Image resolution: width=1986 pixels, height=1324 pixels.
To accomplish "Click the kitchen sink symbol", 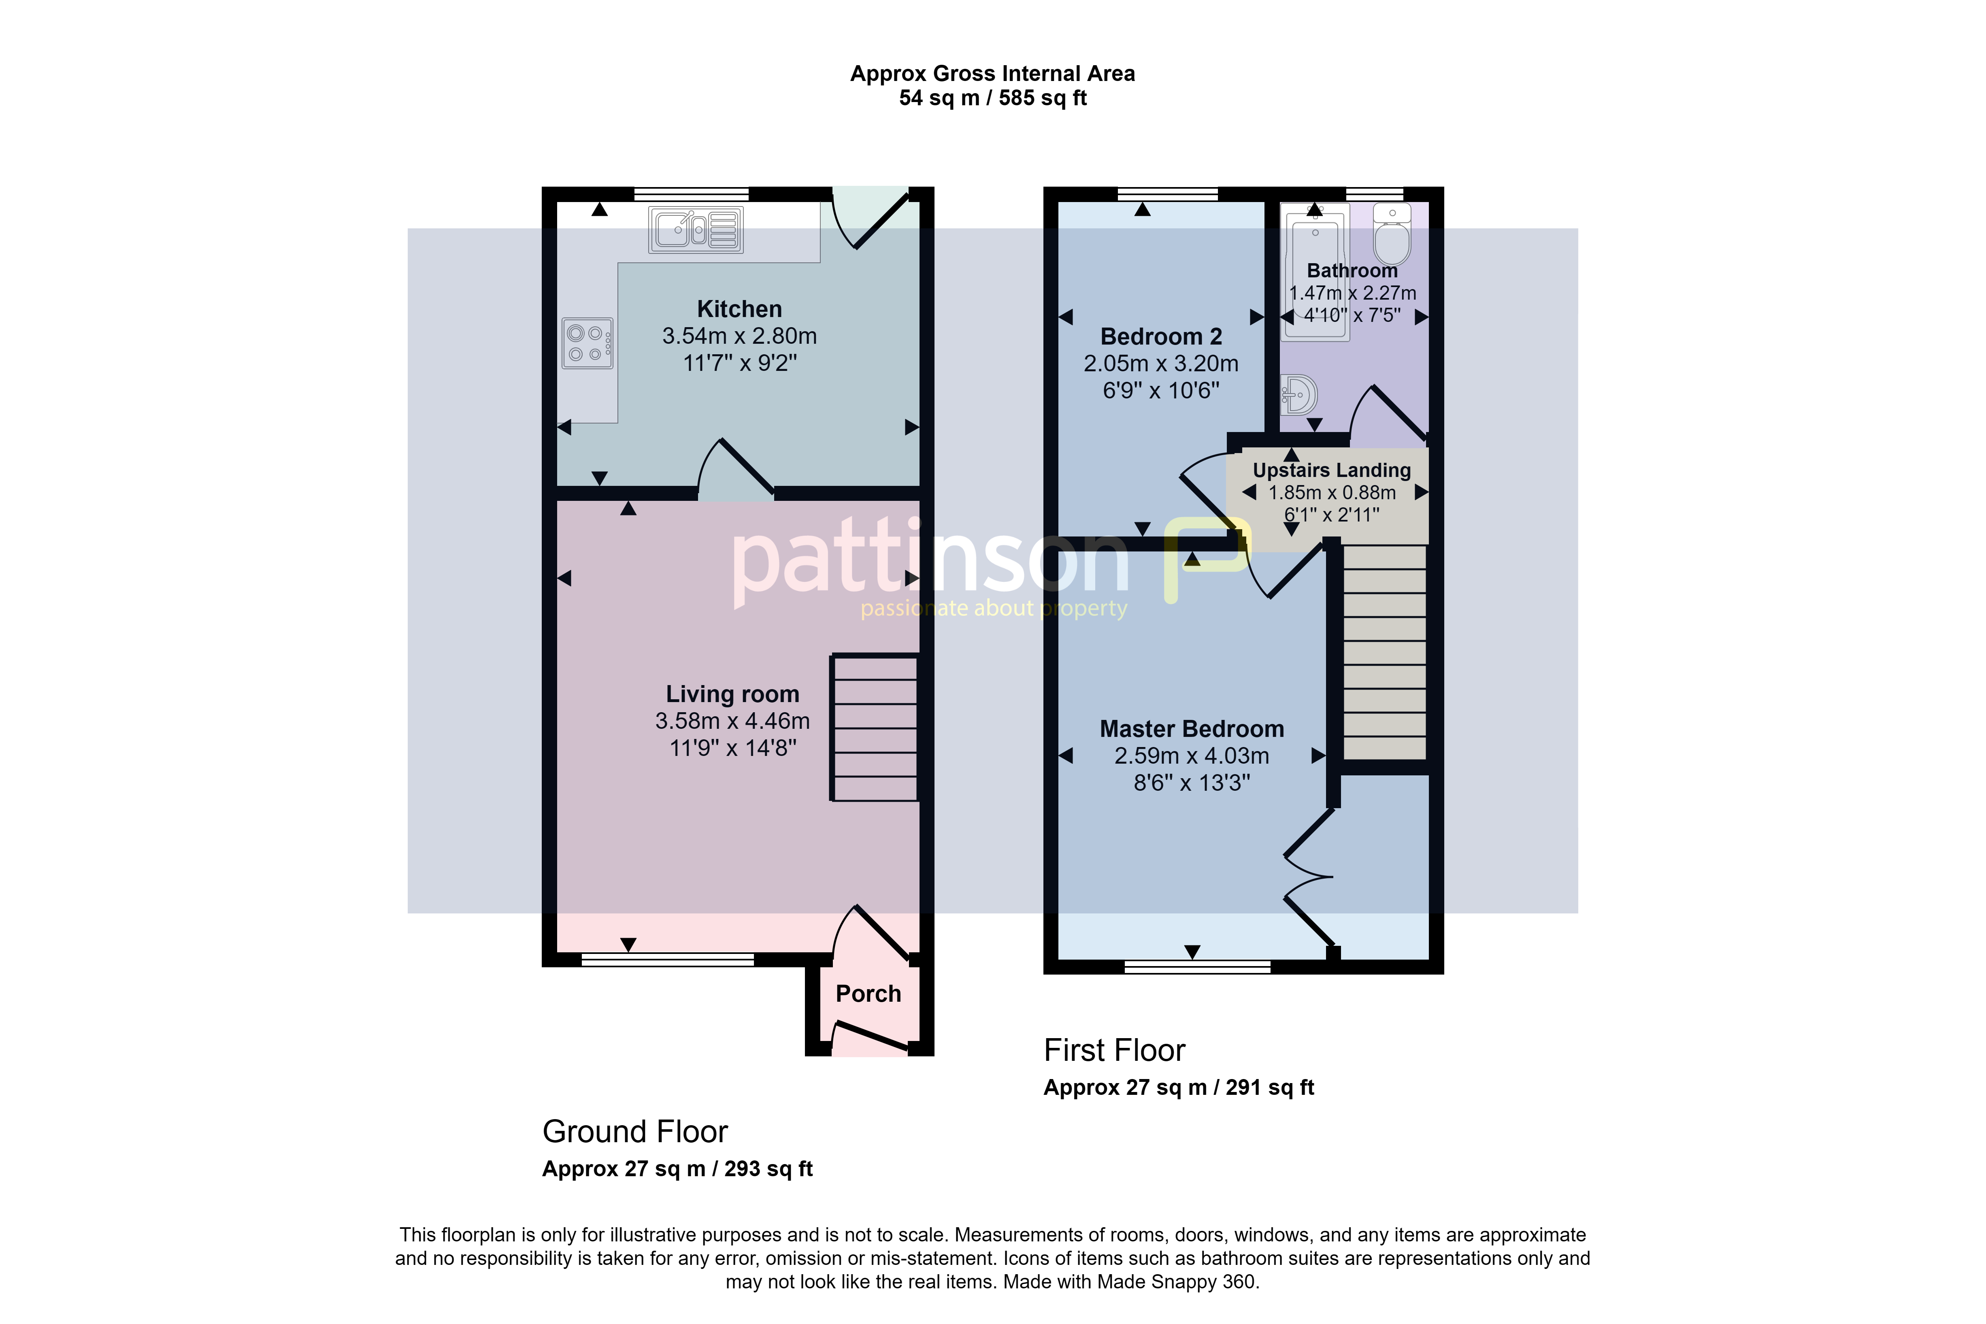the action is (696, 230).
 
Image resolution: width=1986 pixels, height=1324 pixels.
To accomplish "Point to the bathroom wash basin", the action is (1298, 394).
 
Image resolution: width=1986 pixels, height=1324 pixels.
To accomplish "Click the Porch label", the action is (868, 994).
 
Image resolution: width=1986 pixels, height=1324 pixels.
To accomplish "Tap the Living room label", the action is (732, 694).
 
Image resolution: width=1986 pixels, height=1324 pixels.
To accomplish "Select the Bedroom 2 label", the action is (1161, 337).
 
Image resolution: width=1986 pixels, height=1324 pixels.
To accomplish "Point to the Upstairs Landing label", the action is (1332, 470).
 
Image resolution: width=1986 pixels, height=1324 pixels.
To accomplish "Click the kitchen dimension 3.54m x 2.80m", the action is (740, 336).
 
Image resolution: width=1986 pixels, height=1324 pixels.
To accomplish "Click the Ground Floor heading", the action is (635, 1132).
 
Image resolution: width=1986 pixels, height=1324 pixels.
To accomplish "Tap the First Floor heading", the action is (1115, 1050).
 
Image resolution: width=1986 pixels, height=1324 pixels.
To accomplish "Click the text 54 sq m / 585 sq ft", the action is (993, 98).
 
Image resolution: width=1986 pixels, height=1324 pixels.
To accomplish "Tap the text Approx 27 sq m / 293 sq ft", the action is (677, 1169).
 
